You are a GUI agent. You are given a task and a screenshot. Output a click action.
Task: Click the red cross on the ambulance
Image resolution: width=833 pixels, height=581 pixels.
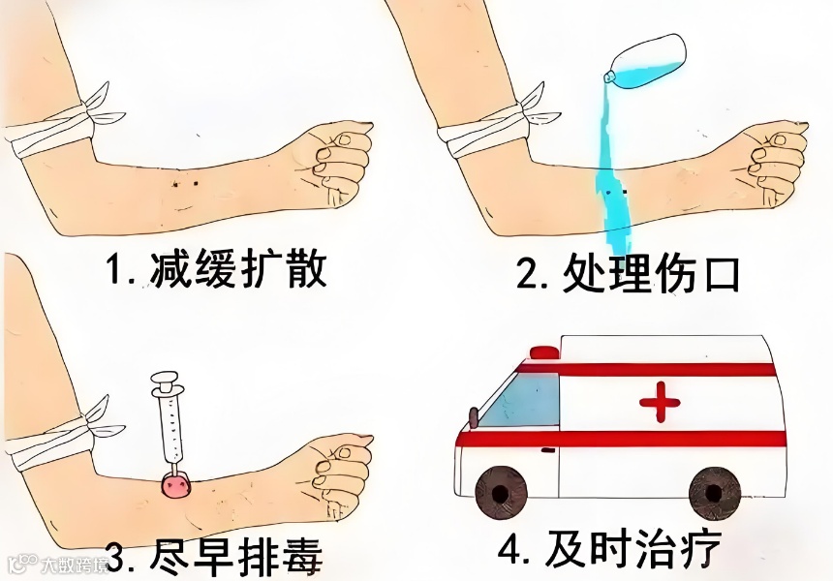pyautogui.click(x=660, y=402)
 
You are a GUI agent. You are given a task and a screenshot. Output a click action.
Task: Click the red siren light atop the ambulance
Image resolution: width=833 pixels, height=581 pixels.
pyautogui.click(x=544, y=352)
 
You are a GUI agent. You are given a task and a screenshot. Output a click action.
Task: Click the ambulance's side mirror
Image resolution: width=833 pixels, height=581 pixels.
pyautogui.click(x=473, y=416)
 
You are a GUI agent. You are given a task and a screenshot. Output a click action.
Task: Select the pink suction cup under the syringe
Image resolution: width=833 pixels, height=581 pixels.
pyautogui.click(x=176, y=485)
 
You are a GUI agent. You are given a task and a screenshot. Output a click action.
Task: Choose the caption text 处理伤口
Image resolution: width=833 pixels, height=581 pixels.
pyautogui.click(x=650, y=273)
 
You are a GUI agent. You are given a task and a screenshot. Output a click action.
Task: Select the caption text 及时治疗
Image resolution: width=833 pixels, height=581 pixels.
pyautogui.click(x=632, y=547)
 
